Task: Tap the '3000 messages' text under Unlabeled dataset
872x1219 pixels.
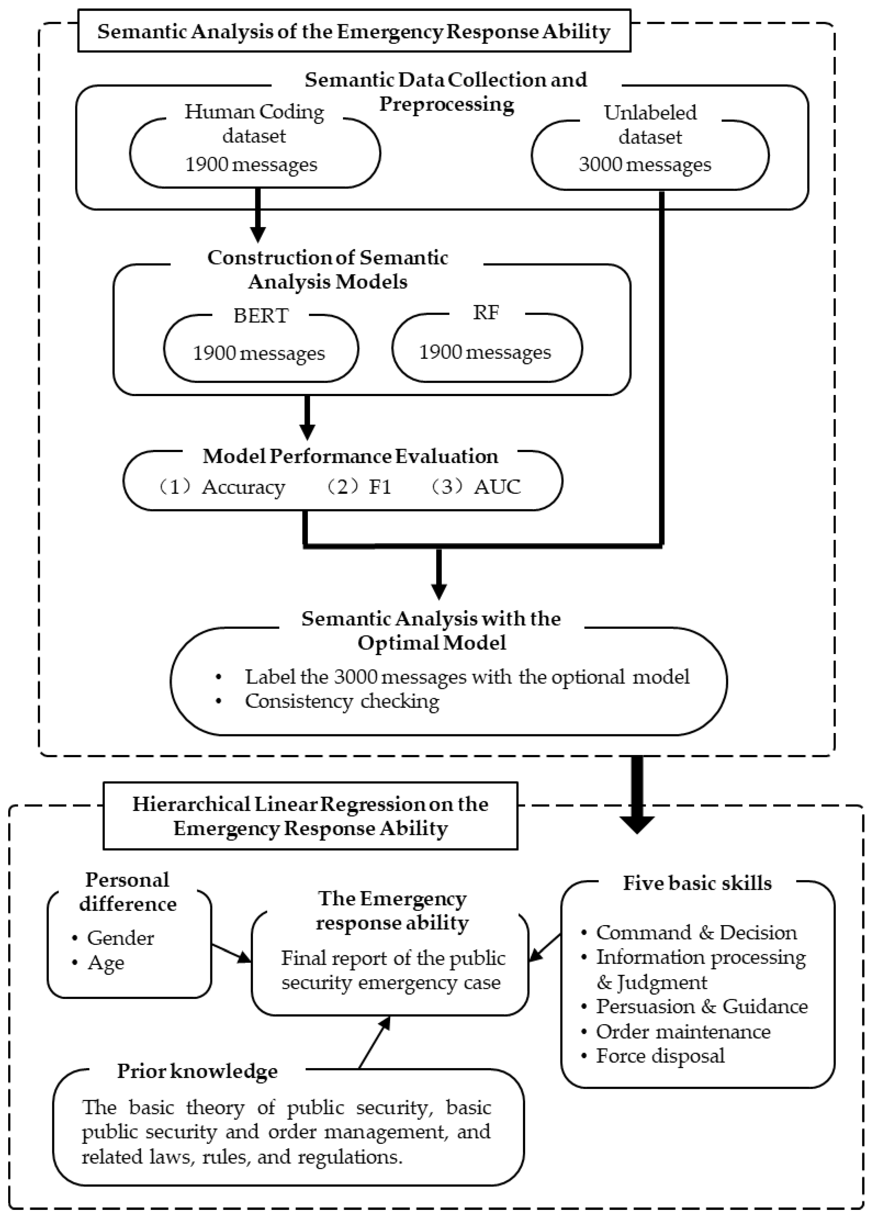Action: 644,164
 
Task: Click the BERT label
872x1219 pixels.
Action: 261,316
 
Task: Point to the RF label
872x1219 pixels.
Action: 486,312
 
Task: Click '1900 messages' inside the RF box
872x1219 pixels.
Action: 485,352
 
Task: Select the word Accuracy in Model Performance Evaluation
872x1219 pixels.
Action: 243,487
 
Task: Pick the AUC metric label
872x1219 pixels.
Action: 497,487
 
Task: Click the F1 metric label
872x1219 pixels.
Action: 380,487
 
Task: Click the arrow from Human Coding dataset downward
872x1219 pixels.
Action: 258,215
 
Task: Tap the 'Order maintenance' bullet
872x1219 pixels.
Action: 683,1031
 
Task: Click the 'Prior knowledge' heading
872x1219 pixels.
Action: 198,1070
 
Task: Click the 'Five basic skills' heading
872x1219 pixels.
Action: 697,883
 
